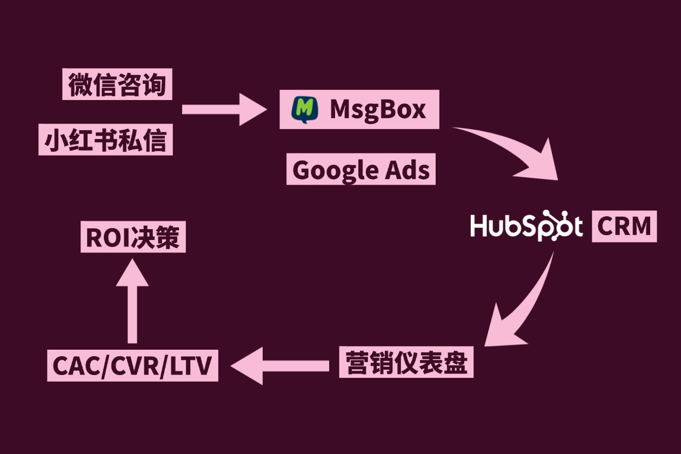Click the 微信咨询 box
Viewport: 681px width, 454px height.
[117, 84]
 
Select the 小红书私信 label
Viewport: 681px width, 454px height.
[105, 139]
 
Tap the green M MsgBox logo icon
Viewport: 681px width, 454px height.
[305, 110]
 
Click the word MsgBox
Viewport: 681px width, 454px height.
[378, 110]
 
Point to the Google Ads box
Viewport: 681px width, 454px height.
[361, 169]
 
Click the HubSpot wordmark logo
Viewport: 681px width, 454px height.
[526, 225]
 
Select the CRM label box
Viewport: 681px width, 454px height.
[624, 226]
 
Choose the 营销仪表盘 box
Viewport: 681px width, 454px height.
[406, 362]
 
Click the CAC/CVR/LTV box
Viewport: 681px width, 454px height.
[132, 365]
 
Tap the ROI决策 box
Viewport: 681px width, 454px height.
[133, 237]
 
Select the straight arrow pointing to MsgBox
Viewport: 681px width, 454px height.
[224, 110]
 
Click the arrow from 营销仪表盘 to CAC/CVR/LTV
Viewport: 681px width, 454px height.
[280, 366]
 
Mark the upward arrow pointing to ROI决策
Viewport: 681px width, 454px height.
[132, 301]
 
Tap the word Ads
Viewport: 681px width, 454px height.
[408, 170]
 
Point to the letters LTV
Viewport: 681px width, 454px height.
[190, 366]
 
